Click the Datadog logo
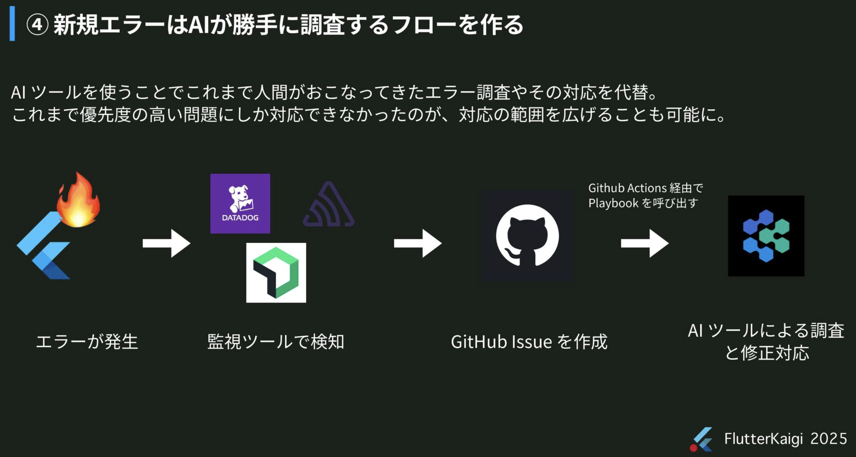point(240,204)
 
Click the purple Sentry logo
point(329,205)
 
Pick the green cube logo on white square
point(276,272)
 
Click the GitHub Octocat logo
point(527,236)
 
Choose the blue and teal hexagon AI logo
point(766,236)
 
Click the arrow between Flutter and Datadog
point(167,243)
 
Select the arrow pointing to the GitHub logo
point(418,243)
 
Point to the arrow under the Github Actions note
point(645,243)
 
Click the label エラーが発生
point(87,342)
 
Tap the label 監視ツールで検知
point(276,342)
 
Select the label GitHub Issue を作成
point(529,342)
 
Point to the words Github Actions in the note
point(627,188)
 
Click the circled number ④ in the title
point(37,25)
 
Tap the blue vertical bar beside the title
point(12,23)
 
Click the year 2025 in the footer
point(829,439)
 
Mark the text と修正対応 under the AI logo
point(766,353)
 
